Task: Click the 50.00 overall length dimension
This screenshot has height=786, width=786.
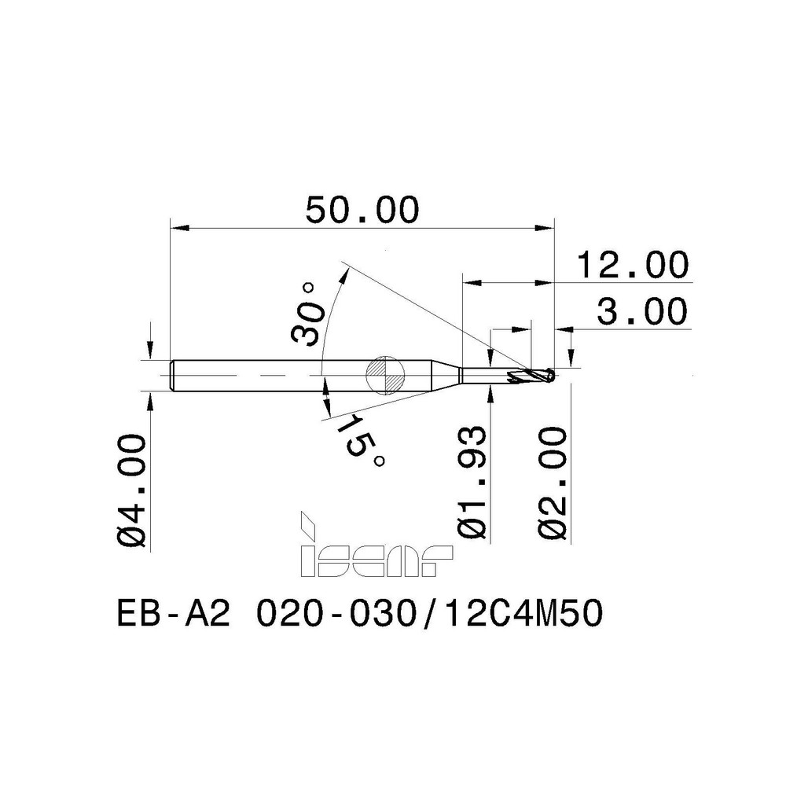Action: click(x=363, y=210)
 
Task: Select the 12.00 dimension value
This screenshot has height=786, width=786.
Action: click(x=632, y=265)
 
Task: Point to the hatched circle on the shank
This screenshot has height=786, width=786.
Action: click(x=384, y=375)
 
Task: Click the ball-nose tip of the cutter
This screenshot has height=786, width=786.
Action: click(x=552, y=376)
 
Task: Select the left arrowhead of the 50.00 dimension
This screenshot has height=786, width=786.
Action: click(x=180, y=229)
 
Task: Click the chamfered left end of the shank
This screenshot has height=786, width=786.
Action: click(x=174, y=375)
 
